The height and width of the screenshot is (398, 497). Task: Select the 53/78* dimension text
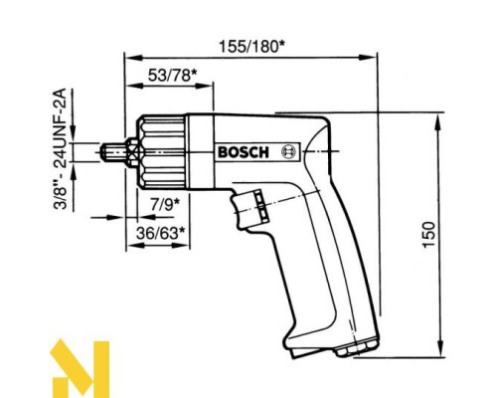coord(171,76)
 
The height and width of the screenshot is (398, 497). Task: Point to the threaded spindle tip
coord(113,151)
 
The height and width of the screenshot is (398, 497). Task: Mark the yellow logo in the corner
coord(81,367)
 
